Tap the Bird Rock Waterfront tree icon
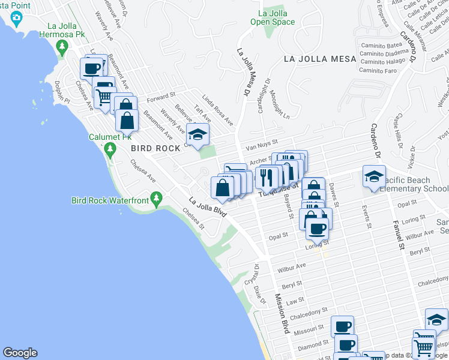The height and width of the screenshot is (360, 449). [x=156, y=197]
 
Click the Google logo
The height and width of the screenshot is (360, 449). [x=20, y=353]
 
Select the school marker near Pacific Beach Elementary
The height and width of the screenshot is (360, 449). [x=373, y=176]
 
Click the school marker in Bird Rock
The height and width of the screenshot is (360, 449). [x=198, y=134]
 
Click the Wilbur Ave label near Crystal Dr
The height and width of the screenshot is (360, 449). [x=292, y=265]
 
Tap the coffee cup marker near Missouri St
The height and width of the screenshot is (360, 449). [x=342, y=326]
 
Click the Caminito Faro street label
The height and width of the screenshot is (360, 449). [x=378, y=70]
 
